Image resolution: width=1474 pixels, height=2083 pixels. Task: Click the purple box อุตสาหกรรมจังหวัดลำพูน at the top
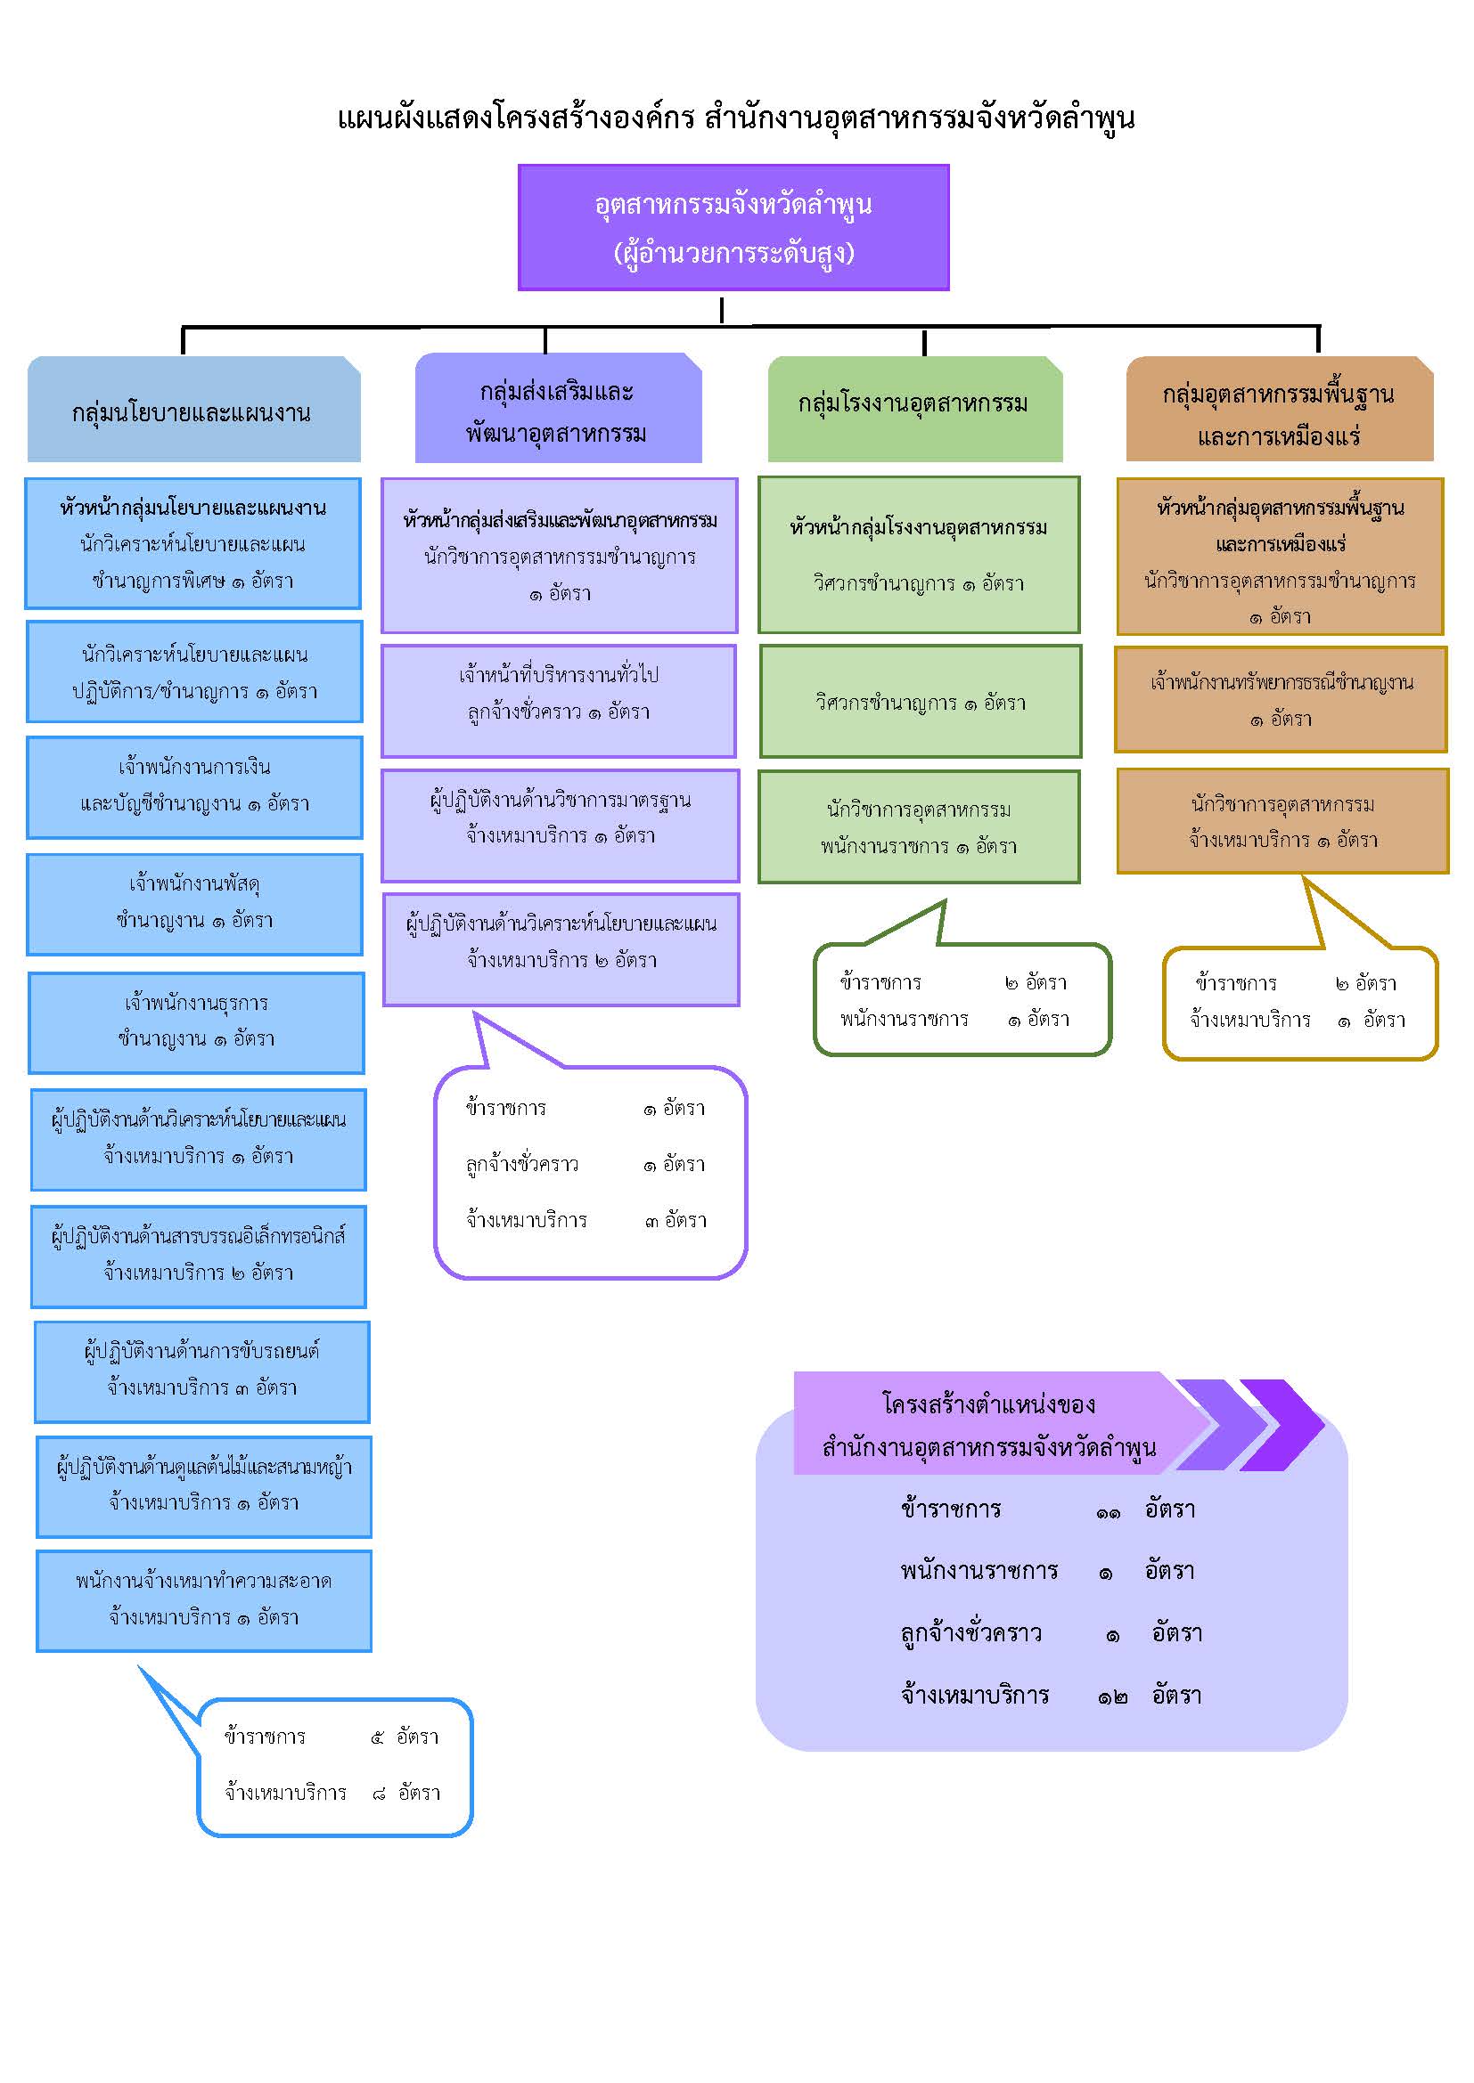click(733, 227)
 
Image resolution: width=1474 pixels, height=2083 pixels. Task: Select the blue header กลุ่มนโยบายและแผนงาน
click(194, 409)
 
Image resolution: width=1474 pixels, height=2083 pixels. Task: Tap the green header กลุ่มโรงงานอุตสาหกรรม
click(915, 409)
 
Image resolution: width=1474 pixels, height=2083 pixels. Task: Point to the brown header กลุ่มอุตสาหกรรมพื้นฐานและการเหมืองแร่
click(1280, 409)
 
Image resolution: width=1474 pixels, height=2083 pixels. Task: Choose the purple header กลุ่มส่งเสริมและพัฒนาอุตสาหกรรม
click(558, 408)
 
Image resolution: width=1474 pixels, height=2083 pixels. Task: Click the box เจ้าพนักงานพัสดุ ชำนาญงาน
click(195, 904)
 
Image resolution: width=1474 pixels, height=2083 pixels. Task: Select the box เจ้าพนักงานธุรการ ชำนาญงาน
click(196, 1022)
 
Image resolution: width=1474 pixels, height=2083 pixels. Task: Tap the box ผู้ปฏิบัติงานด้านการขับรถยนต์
click(202, 1371)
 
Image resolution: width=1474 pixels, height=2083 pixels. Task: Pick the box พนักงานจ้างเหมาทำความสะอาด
click(204, 1601)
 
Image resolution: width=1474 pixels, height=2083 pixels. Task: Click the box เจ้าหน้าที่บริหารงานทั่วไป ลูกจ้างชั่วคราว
click(559, 700)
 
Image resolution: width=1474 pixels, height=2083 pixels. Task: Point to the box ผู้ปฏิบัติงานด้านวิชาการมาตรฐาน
click(560, 826)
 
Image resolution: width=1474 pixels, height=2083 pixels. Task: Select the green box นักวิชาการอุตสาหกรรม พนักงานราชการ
click(920, 826)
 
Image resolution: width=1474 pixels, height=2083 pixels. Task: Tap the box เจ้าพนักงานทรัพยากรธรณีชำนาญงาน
click(1281, 699)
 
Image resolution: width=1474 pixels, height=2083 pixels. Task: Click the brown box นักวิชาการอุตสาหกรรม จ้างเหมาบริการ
click(1282, 821)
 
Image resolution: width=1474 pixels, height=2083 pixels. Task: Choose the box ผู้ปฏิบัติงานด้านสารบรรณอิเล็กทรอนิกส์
click(199, 1257)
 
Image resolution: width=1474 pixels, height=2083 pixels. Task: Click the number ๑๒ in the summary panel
click(1112, 1697)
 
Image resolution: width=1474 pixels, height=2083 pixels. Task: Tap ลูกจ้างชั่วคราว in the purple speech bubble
click(522, 1165)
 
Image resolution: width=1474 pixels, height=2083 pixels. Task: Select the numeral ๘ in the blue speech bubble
click(380, 1794)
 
